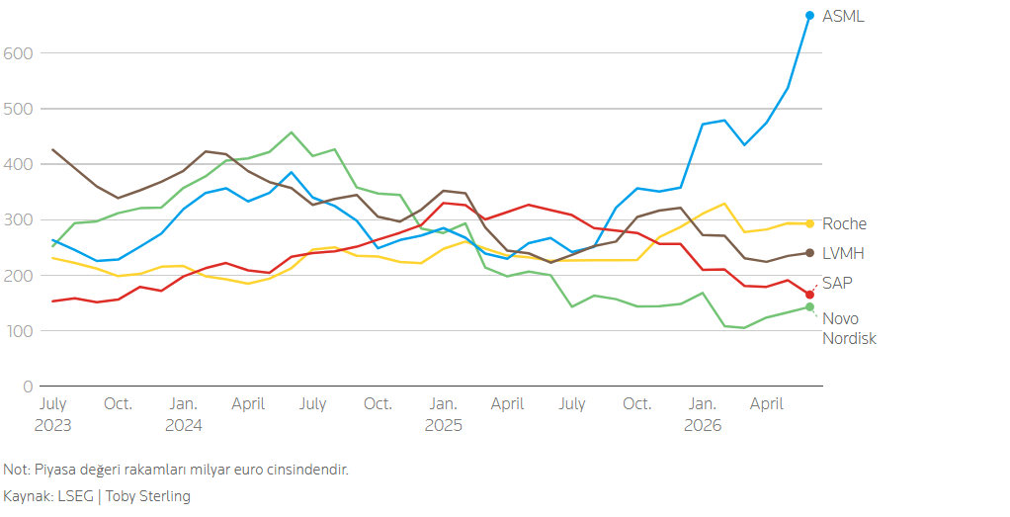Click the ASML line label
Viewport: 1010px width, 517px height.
[843, 16]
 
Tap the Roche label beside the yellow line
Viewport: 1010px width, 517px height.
[844, 223]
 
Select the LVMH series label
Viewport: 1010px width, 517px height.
[843, 253]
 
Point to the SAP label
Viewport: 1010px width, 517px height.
[837, 283]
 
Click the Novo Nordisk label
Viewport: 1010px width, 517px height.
[849, 328]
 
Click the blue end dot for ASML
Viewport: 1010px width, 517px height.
[809, 16]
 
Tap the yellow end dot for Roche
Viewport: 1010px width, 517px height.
[809, 223]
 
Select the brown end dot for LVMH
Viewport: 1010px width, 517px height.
[809, 253]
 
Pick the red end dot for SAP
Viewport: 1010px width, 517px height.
[809, 295]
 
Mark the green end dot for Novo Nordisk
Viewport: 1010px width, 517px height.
[809, 306]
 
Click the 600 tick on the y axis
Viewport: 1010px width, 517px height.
[18, 53]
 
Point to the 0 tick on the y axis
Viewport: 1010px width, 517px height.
[28, 387]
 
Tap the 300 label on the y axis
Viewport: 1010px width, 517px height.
[18, 219]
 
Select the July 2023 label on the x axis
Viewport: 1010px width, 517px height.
[52, 414]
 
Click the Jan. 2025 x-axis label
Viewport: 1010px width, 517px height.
[443, 414]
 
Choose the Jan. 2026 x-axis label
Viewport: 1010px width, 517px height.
[703, 414]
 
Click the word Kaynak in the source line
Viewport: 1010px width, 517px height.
[27, 496]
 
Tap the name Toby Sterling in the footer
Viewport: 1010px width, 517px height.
[148, 496]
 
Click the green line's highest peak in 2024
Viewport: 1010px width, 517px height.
[292, 132]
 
